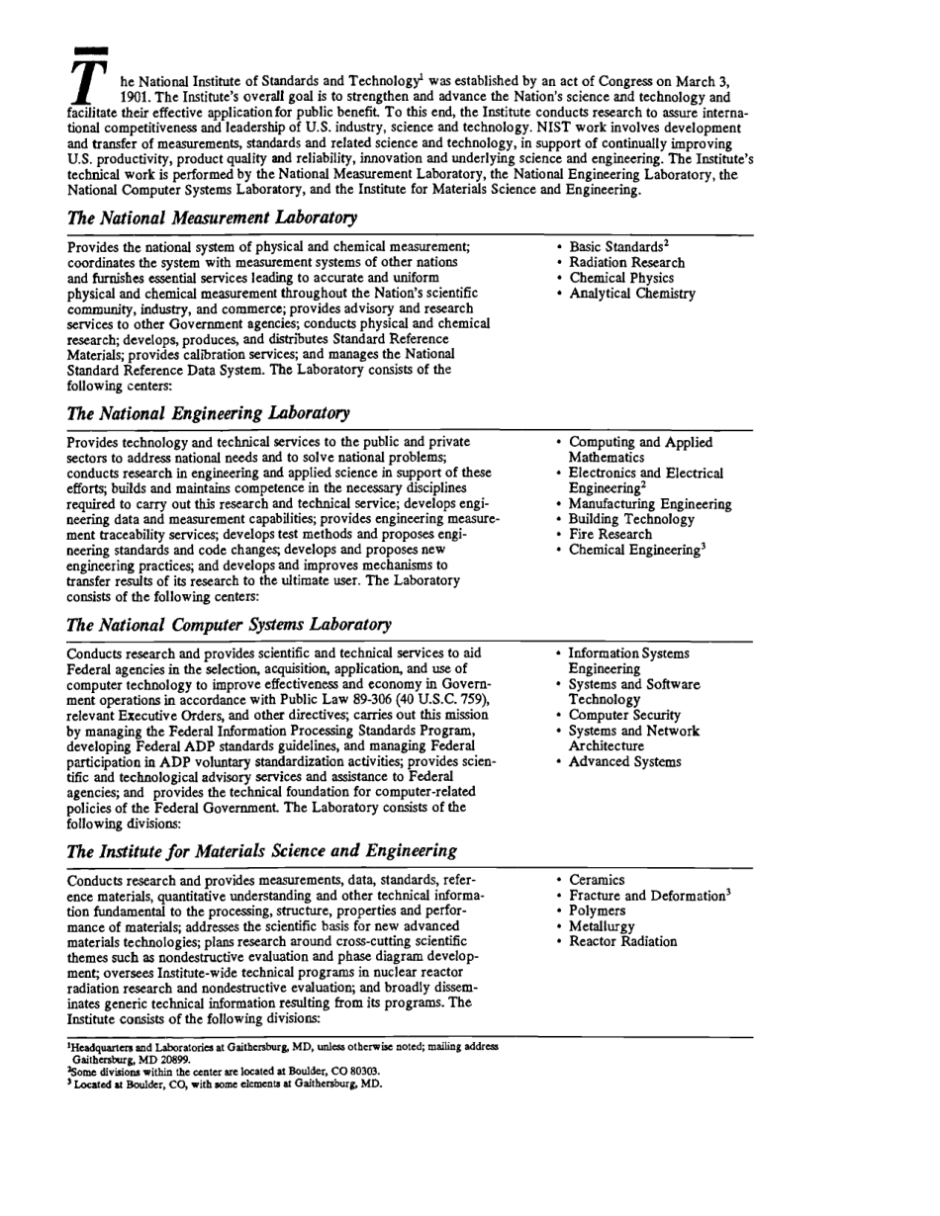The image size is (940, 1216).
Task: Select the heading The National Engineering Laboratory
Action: pyautogui.click(x=208, y=412)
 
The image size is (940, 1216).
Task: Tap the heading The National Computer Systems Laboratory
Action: pyautogui.click(x=229, y=624)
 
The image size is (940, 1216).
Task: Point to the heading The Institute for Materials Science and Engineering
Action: pyautogui.click(x=261, y=851)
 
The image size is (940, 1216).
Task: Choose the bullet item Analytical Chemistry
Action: pyautogui.click(x=631, y=294)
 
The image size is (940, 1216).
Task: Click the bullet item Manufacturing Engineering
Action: pyautogui.click(x=650, y=504)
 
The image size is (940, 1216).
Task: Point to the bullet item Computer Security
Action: pyautogui.click(x=624, y=715)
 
